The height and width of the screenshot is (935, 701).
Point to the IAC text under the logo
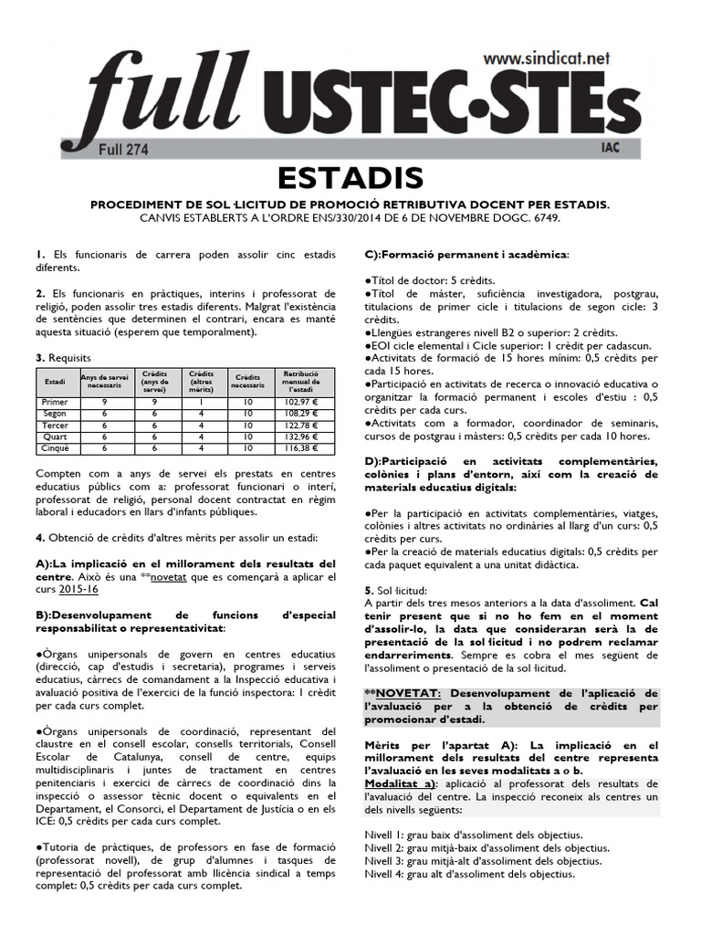(614, 146)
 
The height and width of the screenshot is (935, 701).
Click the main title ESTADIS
(350, 176)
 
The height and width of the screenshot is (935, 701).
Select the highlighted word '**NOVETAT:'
(393, 694)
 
